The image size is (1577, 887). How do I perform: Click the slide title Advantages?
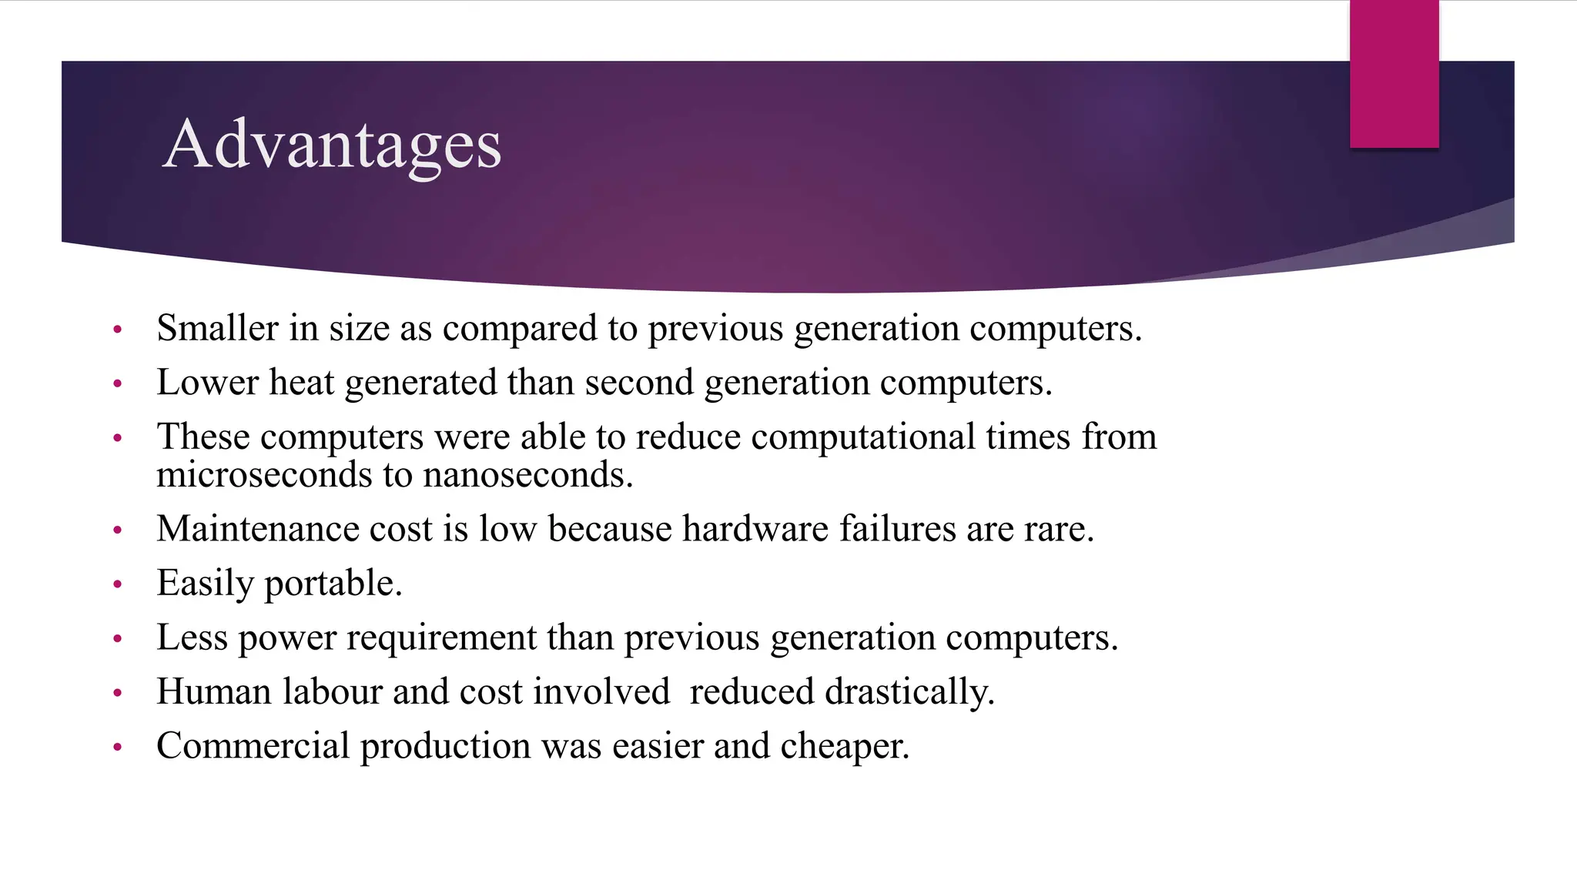pyautogui.click(x=332, y=145)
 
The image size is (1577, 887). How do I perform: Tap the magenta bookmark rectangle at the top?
pyautogui.click(x=1394, y=74)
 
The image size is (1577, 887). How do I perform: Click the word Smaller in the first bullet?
pyautogui.click(x=217, y=328)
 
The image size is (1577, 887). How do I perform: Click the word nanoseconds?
pyautogui.click(x=527, y=475)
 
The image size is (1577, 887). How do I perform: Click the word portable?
pyautogui.click(x=333, y=584)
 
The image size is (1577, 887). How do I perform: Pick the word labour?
pyautogui.click(x=332, y=691)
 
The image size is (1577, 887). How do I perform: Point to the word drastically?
pyautogui.click(x=909, y=692)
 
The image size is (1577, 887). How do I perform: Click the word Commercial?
pyautogui.click(x=253, y=746)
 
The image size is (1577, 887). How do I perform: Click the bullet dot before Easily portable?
pyautogui.click(x=118, y=584)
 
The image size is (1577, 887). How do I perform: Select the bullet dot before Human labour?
pyautogui.click(x=118, y=693)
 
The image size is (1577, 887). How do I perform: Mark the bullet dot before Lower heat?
pyautogui.click(x=118, y=383)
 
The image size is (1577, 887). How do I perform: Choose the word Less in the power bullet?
pyautogui.click(x=192, y=638)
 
